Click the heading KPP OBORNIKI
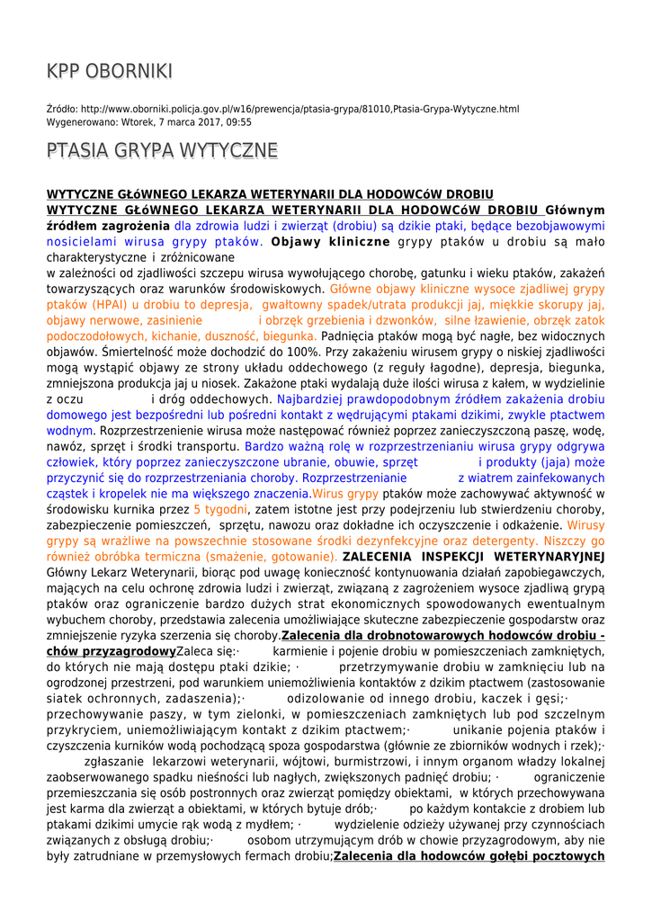pyautogui.click(x=110, y=71)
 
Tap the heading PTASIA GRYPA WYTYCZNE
pyautogui.click(x=162, y=150)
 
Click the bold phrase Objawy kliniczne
pyautogui.click(x=330, y=242)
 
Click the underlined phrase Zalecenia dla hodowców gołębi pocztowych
pyautogui.click(x=469, y=855)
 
